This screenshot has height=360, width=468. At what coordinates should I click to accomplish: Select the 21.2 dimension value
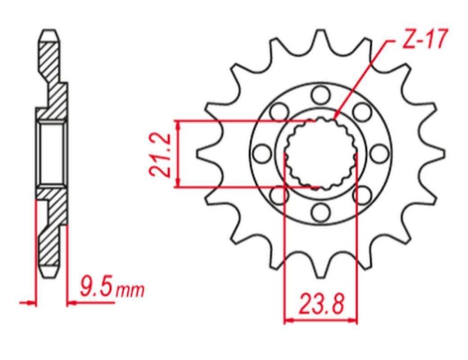(x=160, y=154)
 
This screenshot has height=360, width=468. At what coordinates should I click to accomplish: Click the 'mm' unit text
(x=130, y=291)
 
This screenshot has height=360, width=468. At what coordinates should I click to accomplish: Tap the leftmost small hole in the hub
(x=260, y=153)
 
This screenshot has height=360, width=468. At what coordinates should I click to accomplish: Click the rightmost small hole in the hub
(x=381, y=153)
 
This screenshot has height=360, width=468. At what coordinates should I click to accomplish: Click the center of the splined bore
(x=320, y=153)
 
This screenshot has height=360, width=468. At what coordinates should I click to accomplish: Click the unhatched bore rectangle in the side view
(x=51, y=153)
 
